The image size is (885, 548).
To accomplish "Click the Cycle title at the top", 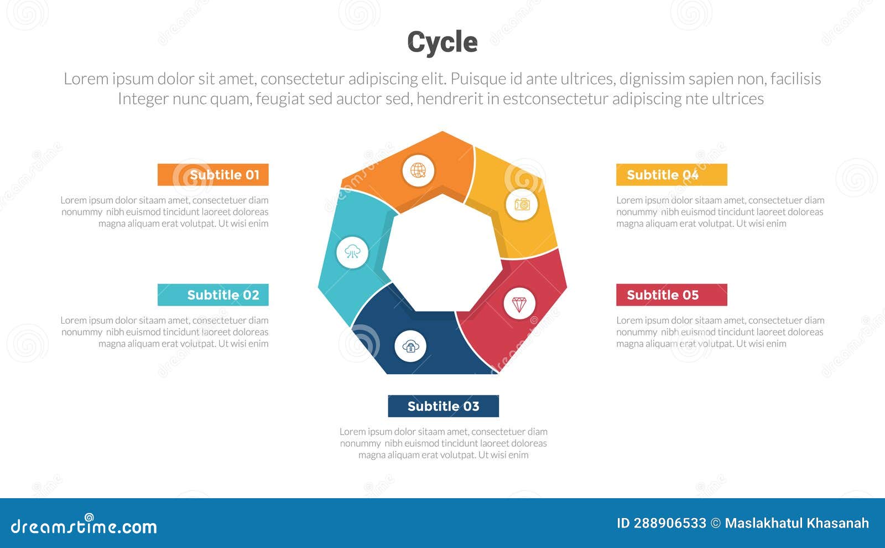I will click(442, 42).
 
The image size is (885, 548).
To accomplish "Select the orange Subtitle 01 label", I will click(213, 175).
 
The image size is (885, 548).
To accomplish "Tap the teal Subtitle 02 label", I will click(213, 295).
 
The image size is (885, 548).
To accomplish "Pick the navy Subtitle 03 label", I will click(443, 406).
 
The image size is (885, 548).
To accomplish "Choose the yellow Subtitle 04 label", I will click(671, 175).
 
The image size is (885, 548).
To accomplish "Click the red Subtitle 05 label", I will click(671, 295).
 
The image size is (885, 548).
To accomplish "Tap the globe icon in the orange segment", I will click(418, 170).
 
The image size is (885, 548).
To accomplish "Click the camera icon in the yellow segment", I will click(522, 204).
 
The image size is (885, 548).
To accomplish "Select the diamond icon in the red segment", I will click(519, 304).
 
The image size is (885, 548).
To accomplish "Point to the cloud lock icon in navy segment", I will click(410, 347).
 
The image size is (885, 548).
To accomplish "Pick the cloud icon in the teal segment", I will click(352, 252).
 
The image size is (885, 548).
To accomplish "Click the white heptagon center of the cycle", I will click(442, 252).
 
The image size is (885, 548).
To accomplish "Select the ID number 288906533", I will click(670, 523).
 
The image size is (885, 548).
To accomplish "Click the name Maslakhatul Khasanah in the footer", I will click(796, 523).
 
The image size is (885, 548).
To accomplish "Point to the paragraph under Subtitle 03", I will click(443, 443).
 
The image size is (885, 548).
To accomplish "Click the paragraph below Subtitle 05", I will click(720, 332).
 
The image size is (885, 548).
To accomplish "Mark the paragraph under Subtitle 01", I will click(165, 212).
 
